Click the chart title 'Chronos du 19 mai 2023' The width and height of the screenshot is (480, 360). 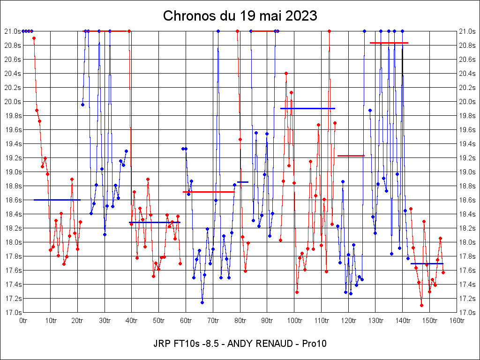(x=240, y=16)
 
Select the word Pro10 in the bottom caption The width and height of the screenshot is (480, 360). (x=314, y=344)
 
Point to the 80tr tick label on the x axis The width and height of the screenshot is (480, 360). (x=240, y=321)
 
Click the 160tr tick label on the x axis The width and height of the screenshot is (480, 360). (x=457, y=321)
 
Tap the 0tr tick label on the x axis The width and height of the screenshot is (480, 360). (x=23, y=321)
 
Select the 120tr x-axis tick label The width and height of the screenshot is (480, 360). (x=348, y=321)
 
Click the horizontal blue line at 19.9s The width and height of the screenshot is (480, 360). (x=307, y=108)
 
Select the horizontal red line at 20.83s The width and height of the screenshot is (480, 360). (x=389, y=43)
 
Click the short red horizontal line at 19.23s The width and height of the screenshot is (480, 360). (x=351, y=156)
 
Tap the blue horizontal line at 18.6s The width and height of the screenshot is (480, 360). (x=57, y=200)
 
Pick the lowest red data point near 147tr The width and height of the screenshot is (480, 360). (x=421, y=306)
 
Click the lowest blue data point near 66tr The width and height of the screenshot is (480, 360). (x=202, y=302)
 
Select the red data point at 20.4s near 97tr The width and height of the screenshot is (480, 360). (x=286, y=73)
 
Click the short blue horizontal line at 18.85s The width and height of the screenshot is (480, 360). (x=243, y=182)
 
